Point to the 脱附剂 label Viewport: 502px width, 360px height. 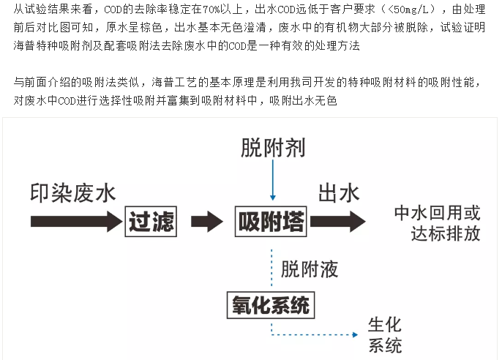pos(272,148)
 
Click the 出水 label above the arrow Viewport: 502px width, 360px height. pos(338,193)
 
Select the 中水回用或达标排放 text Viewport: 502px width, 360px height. pos(437,223)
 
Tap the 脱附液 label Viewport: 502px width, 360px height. pos(310,269)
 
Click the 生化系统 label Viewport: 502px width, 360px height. pos(385,335)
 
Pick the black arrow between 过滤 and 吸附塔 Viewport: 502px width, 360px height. pos(206,220)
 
